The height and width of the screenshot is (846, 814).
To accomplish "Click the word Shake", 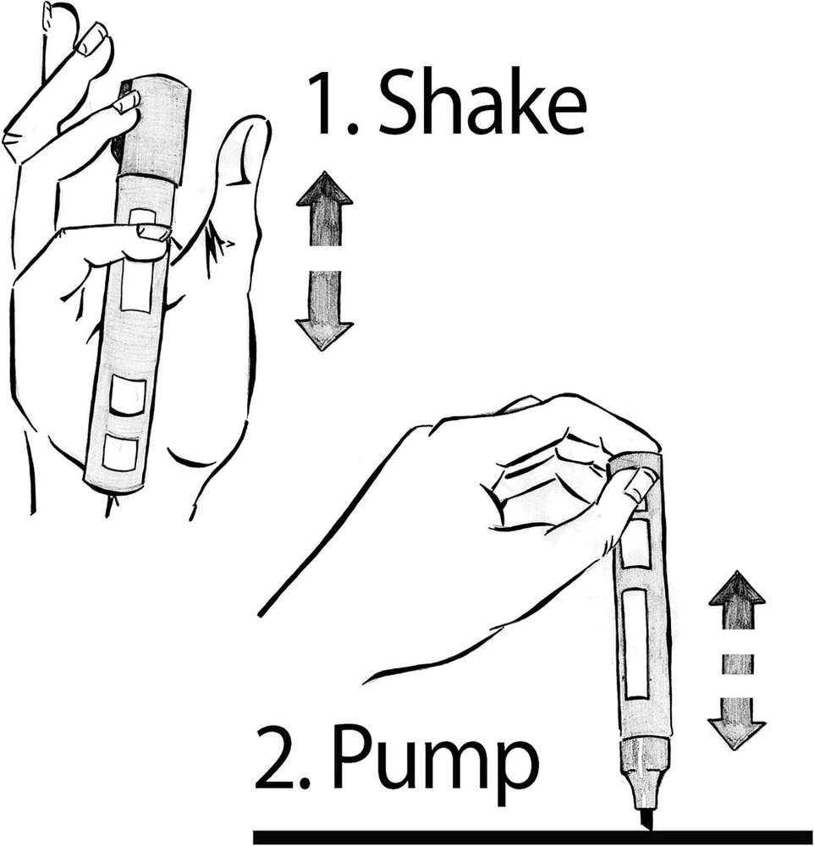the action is tap(483, 102).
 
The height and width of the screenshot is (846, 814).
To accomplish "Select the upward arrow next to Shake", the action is tap(324, 208).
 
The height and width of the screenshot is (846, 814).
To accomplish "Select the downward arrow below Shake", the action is tap(324, 310).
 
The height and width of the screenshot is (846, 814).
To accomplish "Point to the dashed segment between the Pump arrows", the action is tap(737, 663).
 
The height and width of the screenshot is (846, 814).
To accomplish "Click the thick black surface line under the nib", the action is tap(533, 837).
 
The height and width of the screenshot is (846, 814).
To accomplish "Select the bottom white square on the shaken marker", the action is tap(119, 451).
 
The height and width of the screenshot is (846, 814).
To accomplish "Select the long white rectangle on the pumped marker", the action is tap(635, 644).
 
